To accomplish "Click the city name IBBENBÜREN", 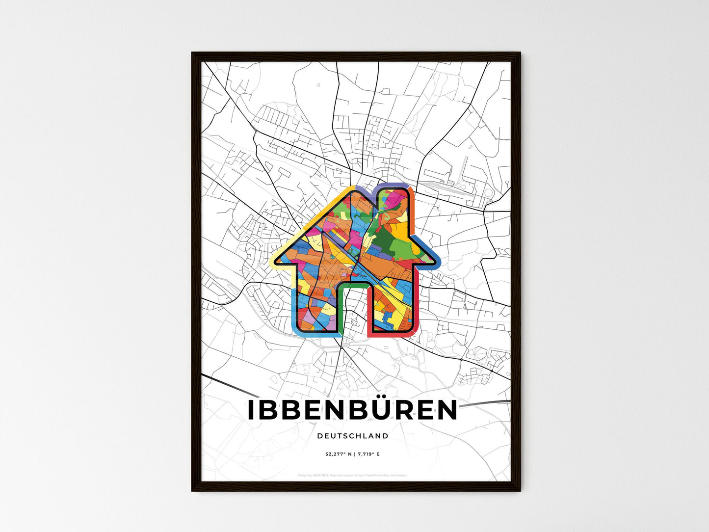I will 352,410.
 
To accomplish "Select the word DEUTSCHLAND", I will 352,436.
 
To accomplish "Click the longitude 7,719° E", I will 368,454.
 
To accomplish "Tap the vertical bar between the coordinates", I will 353,454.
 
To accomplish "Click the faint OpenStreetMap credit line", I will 352,475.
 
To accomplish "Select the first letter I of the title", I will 251,411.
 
